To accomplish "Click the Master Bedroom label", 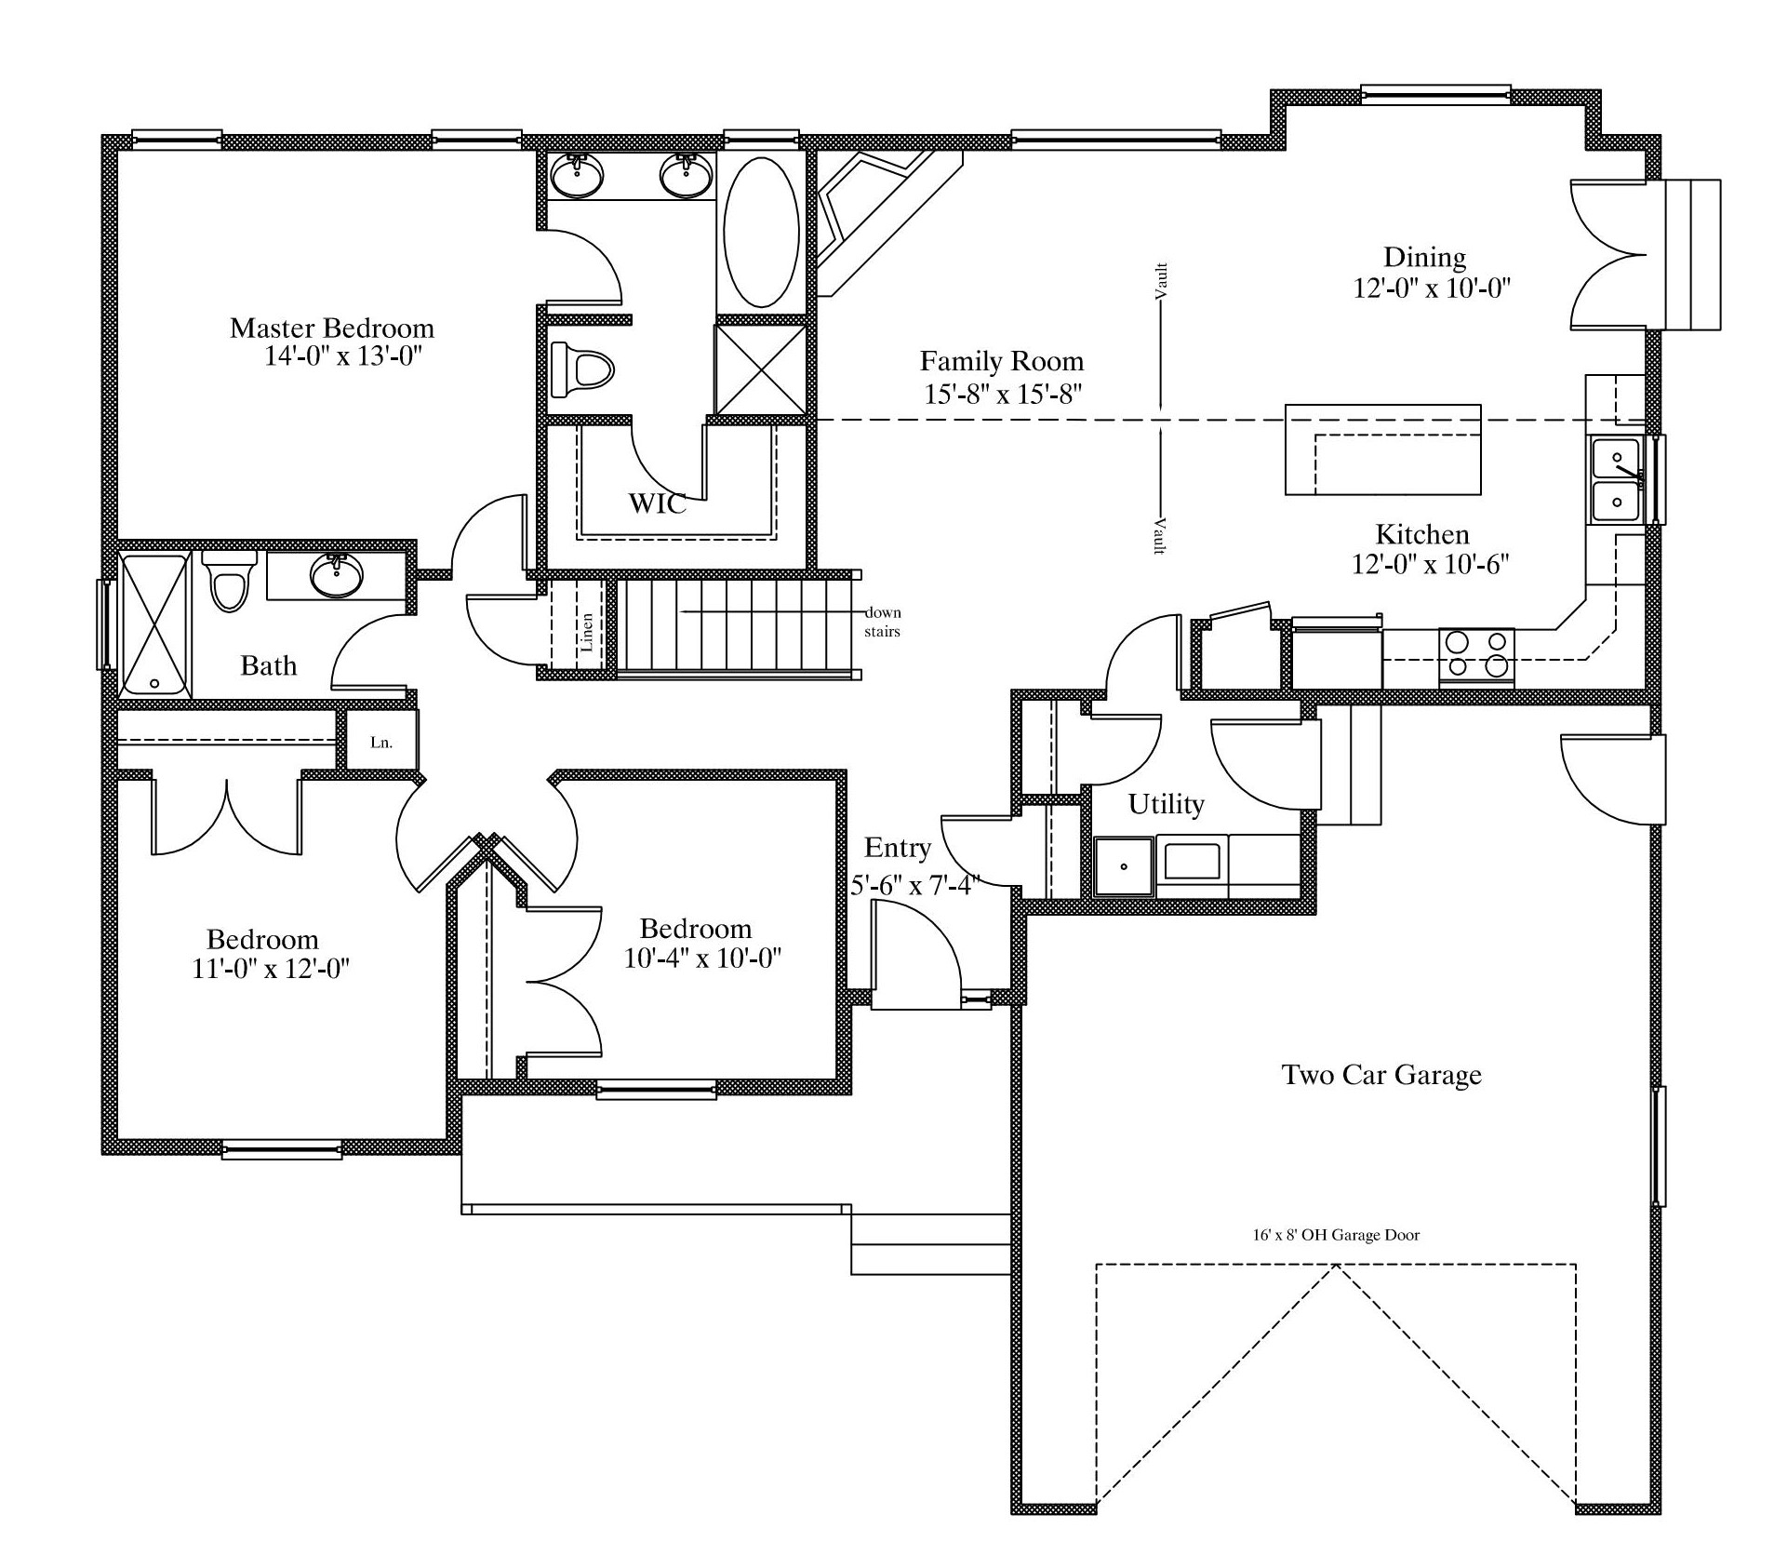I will point(331,328).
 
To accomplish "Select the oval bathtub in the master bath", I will point(760,232).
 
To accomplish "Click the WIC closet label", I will point(657,503).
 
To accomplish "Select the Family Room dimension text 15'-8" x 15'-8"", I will point(1002,394).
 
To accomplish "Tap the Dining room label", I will point(1424,257).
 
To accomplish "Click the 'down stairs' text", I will point(882,622).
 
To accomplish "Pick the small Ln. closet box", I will point(381,741).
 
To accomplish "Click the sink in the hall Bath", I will point(337,576).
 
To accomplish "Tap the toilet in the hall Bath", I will point(228,580).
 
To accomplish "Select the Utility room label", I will point(1166,804).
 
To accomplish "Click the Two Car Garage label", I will point(1381,1075).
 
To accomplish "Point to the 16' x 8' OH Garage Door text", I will point(1335,1235).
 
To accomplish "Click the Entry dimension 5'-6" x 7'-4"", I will point(914,885).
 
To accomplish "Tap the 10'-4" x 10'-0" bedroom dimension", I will point(701,958).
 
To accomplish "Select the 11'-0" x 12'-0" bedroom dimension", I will point(270,969).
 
